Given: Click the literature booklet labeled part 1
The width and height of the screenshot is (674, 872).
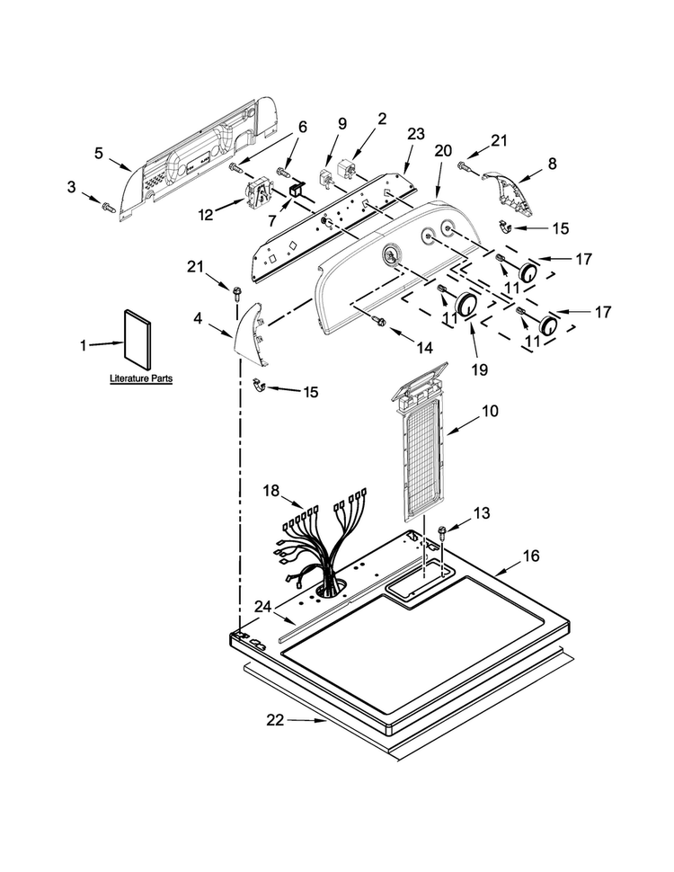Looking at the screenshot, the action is pyautogui.click(x=137, y=340).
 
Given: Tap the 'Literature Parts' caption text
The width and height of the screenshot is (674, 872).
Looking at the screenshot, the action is pyautogui.click(x=141, y=378).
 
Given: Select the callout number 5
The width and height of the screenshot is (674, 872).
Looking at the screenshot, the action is pyautogui.click(x=99, y=153).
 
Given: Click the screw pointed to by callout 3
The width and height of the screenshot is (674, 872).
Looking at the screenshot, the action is pyautogui.click(x=107, y=208).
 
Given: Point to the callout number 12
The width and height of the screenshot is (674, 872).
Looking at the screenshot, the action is pyautogui.click(x=206, y=214).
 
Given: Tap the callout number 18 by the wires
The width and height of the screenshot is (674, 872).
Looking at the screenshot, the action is pyautogui.click(x=270, y=491).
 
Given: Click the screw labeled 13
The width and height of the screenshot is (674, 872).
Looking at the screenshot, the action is pyautogui.click(x=444, y=532).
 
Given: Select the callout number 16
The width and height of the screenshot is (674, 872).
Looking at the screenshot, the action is pyautogui.click(x=531, y=555).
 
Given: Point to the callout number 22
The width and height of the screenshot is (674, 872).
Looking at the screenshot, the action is pyautogui.click(x=275, y=720).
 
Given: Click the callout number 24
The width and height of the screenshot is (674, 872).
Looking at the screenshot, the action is pyautogui.click(x=263, y=607).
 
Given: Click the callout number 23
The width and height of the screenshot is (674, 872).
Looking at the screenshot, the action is pyautogui.click(x=415, y=133).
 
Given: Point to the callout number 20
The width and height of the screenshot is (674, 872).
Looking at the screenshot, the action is pyautogui.click(x=443, y=151).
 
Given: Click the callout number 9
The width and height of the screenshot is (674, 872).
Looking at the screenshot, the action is pyautogui.click(x=342, y=123).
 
